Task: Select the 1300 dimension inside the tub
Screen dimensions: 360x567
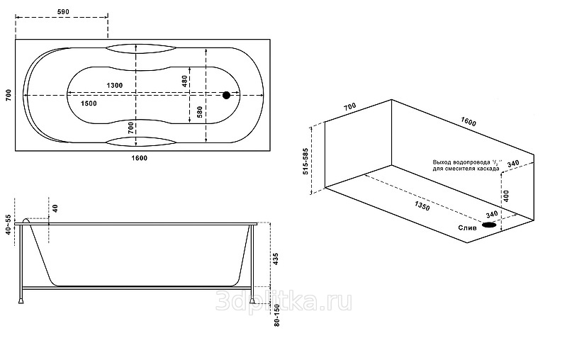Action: pos(114,85)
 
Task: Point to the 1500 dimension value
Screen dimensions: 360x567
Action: pos(89,103)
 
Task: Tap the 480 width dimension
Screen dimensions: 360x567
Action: pos(184,81)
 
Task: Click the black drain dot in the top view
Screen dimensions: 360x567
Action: pos(226,95)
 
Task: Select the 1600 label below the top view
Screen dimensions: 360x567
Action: pos(139,157)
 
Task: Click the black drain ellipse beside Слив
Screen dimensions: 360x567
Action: pos(490,225)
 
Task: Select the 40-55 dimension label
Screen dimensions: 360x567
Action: pos(9,225)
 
